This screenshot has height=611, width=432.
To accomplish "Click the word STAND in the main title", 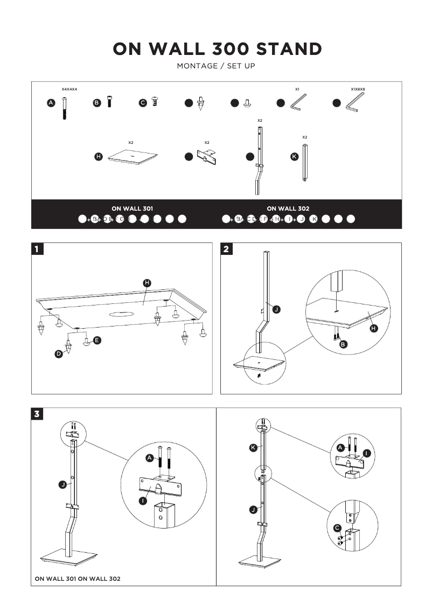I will [x=289, y=49].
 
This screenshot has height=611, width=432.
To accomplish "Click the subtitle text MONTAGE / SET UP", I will [x=216, y=66].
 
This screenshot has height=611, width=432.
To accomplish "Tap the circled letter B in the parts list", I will [x=97, y=103].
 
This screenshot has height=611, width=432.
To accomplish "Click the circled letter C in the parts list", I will [x=143, y=103].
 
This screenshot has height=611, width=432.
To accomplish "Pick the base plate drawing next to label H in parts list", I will [x=133, y=156].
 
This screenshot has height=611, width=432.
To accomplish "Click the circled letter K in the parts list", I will [x=294, y=157].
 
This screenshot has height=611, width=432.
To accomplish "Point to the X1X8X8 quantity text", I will [x=358, y=89].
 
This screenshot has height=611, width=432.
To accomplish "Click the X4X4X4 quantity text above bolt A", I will [x=69, y=89].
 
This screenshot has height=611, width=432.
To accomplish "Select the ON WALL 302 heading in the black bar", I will [x=288, y=208].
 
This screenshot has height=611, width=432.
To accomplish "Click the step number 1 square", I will [x=37, y=248].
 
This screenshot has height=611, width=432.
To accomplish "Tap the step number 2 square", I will [x=226, y=248].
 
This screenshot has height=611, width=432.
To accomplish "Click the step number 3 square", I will [x=37, y=414].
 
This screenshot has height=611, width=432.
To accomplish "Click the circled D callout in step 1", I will [x=59, y=354].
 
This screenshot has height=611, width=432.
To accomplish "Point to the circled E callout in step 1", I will [x=97, y=340].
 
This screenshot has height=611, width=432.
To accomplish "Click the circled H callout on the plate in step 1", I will [x=147, y=283].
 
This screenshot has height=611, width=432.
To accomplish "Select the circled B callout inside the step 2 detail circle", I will [x=343, y=344].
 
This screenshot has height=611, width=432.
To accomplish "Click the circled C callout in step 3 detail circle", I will [x=337, y=527].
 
